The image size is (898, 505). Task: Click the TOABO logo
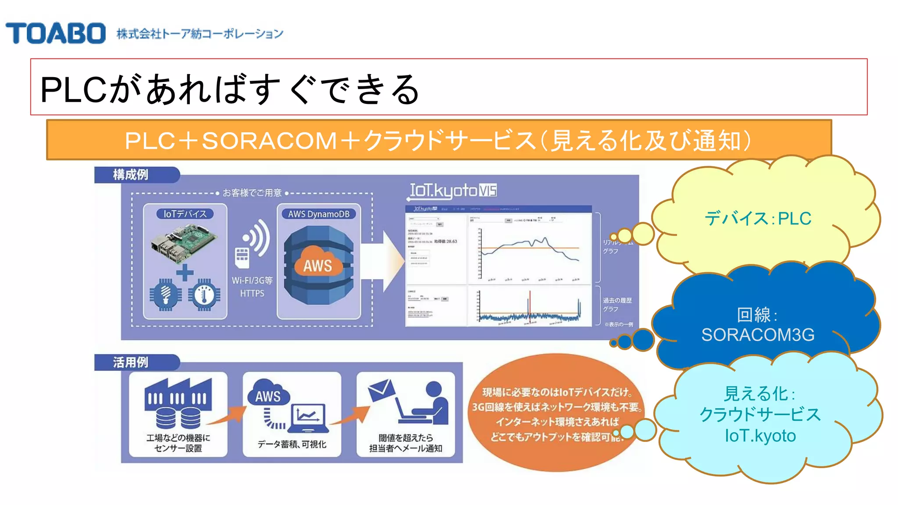pos(55,33)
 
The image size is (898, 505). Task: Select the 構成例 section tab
pos(131,174)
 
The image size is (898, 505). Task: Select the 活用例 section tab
pos(131,362)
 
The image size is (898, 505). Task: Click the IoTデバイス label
pos(185,214)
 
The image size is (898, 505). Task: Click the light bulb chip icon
pos(165,295)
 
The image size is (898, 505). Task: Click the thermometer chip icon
pos(204,295)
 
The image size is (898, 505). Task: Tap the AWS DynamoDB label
pos(319,214)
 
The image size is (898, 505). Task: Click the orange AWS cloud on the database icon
pos(318,263)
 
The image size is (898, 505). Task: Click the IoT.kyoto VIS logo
pos(453,191)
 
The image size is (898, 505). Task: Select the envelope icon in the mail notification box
pos(381,390)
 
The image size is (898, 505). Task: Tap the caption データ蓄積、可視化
pos(292,444)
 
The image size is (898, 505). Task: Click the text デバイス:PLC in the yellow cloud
pos(758,218)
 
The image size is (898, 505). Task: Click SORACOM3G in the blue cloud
pos(758,335)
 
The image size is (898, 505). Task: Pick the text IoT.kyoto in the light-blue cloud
pos(760,436)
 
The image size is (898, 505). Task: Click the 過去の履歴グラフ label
pos(617,304)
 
